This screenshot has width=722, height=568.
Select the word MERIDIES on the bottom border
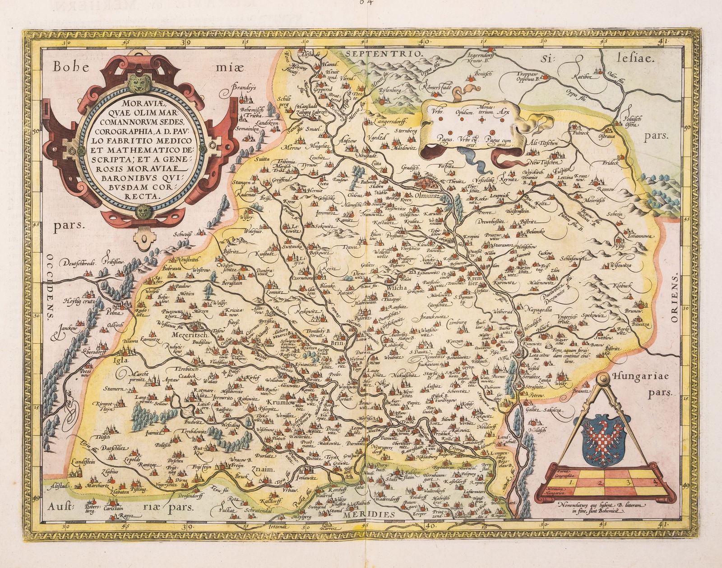[x=371, y=514]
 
